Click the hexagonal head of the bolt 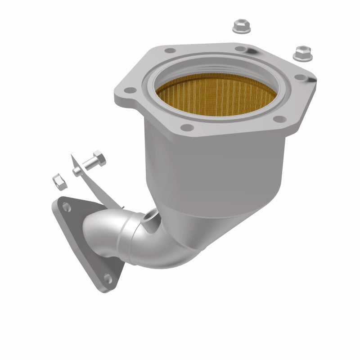98,160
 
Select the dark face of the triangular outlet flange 85,243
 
